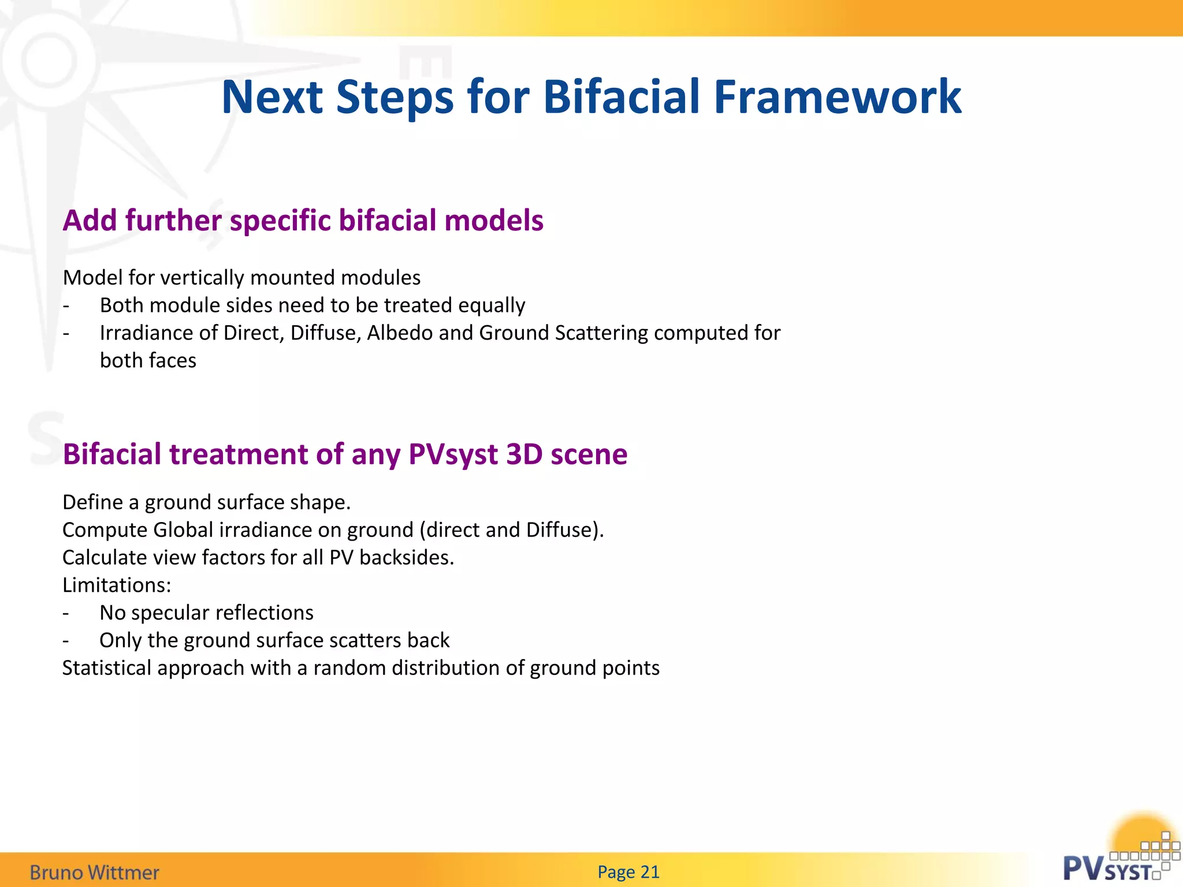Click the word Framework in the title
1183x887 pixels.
(838, 97)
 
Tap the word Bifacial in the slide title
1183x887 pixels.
(621, 97)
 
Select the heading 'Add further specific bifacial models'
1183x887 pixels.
(303, 221)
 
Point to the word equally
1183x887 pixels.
(491, 305)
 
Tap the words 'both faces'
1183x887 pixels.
(148, 360)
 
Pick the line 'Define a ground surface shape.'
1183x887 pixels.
(206, 502)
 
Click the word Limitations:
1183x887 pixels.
(117, 586)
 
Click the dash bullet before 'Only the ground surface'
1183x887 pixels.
(66, 640)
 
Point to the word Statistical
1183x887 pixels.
(107, 668)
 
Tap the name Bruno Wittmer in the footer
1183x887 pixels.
(94, 872)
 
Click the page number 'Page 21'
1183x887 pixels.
(628, 872)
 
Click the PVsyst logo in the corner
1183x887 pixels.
(1118, 860)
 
